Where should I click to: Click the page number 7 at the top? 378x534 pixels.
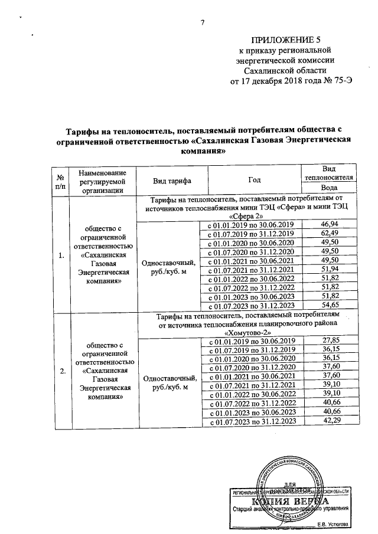coord(203,23)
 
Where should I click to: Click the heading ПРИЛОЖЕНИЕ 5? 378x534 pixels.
coord(286,40)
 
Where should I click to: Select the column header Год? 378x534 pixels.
coord(250,181)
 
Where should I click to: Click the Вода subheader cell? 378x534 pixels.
coord(328,188)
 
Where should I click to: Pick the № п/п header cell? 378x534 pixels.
coord(60,181)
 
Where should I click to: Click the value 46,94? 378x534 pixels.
coord(328,224)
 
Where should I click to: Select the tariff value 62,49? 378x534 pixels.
coord(328,233)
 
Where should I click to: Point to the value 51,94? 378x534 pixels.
coord(328,269)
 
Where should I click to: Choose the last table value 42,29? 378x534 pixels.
coord(328,421)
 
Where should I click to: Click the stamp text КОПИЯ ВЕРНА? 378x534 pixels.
coord(288,502)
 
